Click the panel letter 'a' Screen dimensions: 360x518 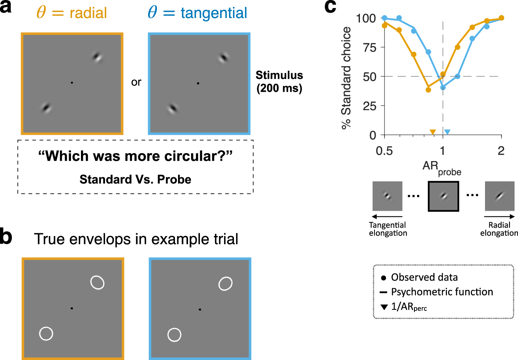pyautogui.click(x=6, y=8)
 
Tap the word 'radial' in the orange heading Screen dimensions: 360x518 pyautogui.click(x=88, y=13)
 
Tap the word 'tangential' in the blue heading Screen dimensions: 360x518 pyautogui.click(x=214, y=13)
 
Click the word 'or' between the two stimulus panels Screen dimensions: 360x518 pyautogui.click(x=136, y=82)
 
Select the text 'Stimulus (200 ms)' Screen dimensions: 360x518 pyautogui.click(x=279, y=82)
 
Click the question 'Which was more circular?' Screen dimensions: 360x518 pyautogui.click(x=135, y=156)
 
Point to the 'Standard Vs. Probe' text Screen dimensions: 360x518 pyautogui.click(x=135, y=179)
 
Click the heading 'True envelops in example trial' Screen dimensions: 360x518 pyautogui.click(x=136, y=239)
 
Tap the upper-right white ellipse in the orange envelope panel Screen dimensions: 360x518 pyautogui.click(x=97, y=282)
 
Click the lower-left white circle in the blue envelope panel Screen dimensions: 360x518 pyautogui.click(x=174, y=335)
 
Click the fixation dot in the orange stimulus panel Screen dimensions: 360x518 pyautogui.click(x=72, y=83)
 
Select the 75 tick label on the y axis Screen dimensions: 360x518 pyautogui.click(x=369, y=48)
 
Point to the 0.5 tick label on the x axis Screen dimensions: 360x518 pyautogui.click(x=384, y=151)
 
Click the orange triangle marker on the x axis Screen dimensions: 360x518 pyautogui.click(x=432, y=132)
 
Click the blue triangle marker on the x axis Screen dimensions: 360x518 pyautogui.click(x=447, y=132)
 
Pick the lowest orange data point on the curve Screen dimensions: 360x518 pyautogui.click(x=428, y=90)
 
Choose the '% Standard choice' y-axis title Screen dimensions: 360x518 pyautogui.click(x=346, y=78)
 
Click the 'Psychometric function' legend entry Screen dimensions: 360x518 pyautogui.click(x=442, y=292)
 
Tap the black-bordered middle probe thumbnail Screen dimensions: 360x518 pyautogui.click(x=443, y=196)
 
